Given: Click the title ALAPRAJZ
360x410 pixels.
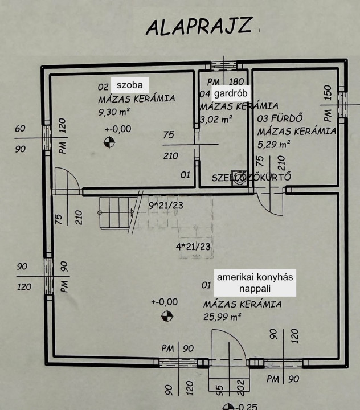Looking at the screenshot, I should click(x=199, y=27).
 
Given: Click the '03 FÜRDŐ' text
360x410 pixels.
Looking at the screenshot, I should click(x=279, y=118).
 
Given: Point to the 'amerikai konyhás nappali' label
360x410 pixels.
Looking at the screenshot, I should click(x=254, y=283).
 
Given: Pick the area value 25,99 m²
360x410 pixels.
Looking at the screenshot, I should click(x=222, y=317).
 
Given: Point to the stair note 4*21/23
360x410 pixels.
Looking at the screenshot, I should click(x=193, y=247).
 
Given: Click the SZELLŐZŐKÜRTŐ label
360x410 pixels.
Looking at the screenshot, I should click(x=251, y=177).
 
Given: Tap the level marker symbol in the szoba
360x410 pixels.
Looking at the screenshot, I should click(x=109, y=142).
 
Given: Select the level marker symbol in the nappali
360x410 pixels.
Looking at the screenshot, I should click(x=166, y=315).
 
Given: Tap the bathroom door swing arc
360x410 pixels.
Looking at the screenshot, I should click(x=268, y=200).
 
